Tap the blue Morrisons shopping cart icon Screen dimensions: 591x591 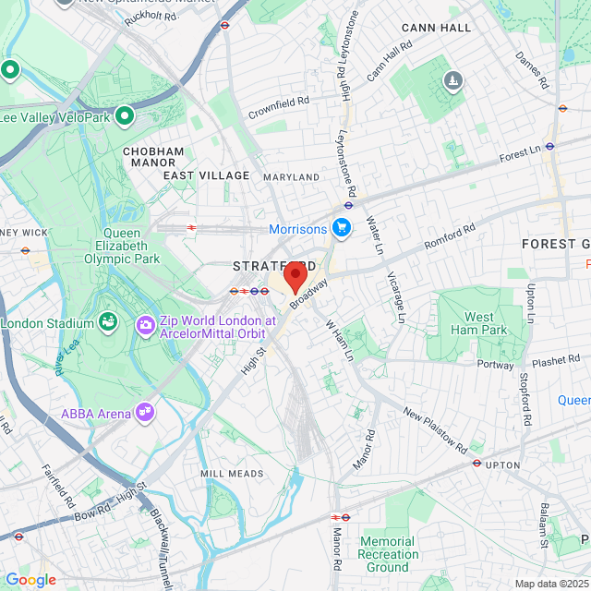pos(342,227)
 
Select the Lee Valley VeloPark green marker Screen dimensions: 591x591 pos(125,116)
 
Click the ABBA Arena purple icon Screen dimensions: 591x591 pos(143,412)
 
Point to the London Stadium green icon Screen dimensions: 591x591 pos(108,322)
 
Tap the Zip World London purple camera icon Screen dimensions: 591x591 pos(145,324)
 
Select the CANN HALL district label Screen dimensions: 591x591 pos(436,28)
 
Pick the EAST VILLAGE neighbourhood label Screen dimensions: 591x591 pos(207,175)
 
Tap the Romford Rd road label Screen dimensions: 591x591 pos(449,236)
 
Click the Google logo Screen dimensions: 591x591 pos(30,580)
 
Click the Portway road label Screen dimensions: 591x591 pos(496,365)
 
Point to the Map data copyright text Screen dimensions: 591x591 pos(550,583)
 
